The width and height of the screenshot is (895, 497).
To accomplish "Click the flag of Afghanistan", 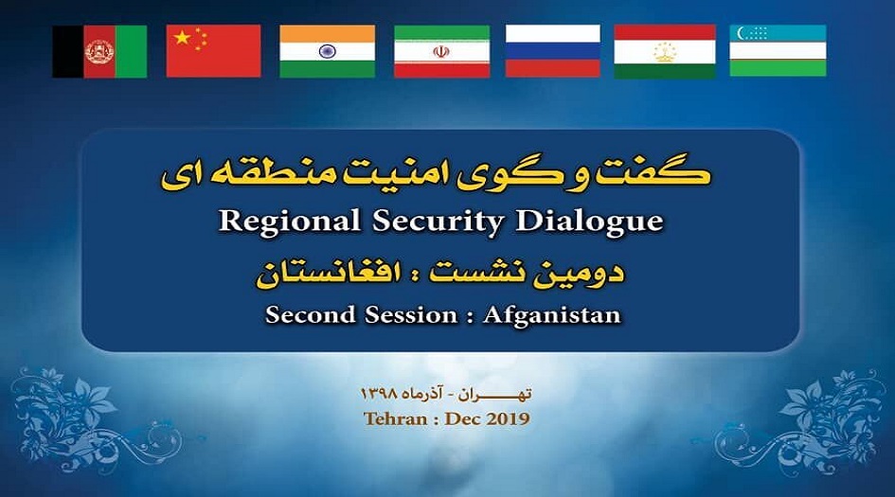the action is point(99,51).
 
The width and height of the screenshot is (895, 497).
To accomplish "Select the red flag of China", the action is point(213,51).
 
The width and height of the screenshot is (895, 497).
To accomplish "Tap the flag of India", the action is point(327,51).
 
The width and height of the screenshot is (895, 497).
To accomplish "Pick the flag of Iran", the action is point(441,51).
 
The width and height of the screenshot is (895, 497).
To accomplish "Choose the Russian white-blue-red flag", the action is point(552,51).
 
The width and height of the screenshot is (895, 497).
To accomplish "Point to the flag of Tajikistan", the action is point(665,51).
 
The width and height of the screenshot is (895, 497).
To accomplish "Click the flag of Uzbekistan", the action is point(778,51).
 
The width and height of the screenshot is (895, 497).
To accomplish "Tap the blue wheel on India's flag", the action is point(327,51).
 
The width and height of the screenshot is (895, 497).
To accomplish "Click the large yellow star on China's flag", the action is point(182,38).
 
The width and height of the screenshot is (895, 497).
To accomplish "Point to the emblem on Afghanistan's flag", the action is point(99,51).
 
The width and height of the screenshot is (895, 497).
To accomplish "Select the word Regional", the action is point(290,222).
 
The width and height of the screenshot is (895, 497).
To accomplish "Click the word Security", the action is point(438,222).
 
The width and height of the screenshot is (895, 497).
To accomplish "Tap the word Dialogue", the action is point(590,222).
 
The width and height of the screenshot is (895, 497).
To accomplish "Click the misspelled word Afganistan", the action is point(552,315).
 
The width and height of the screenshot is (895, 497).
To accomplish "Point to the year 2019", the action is point(508,418).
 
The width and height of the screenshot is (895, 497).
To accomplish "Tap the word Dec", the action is point(462,418).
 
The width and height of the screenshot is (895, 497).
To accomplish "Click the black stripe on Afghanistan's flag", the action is point(68,51).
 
